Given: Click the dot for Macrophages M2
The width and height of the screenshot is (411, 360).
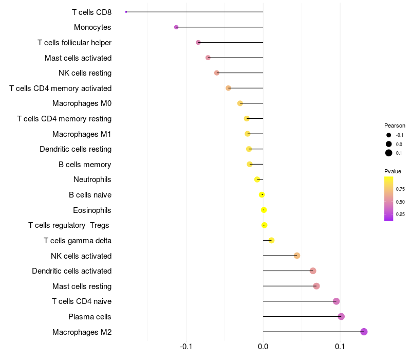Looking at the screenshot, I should (x=364, y=332).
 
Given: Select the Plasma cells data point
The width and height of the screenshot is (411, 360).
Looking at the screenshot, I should (x=341, y=316).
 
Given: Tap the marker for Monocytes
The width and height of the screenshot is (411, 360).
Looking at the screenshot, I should (x=176, y=27).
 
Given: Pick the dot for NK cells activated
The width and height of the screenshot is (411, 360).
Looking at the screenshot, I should (x=296, y=256).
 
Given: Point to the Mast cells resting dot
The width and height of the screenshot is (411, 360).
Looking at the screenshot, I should (x=316, y=286).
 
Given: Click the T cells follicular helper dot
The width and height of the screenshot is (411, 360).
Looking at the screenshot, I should (x=198, y=42).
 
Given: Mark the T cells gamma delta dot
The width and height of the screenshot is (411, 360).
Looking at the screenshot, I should (x=271, y=240).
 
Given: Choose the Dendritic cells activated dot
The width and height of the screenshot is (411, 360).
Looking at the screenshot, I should (x=313, y=271).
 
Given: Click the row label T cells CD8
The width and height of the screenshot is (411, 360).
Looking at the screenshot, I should (x=92, y=12).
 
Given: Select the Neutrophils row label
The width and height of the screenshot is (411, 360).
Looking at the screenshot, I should (x=92, y=179).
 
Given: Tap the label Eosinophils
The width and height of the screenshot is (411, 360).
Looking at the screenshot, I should (x=92, y=210).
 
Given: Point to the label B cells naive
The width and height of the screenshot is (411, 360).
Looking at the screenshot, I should (x=90, y=195).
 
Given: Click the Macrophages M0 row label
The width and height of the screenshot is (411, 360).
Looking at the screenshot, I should (x=82, y=103).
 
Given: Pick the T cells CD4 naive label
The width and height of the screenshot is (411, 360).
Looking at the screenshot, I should (x=82, y=301).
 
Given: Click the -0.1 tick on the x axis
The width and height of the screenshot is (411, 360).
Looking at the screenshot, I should (x=186, y=348).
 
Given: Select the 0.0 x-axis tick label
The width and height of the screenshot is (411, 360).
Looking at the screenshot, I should (x=263, y=348).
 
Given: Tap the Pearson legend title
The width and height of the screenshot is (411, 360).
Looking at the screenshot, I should (x=395, y=125).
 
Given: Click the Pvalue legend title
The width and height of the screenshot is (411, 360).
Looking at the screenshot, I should (x=393, y=171).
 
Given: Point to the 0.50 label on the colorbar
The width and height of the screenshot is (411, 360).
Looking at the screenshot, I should (x=400, y=202).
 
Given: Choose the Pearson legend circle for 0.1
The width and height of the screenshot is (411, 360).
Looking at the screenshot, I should (x=389, y=153).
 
